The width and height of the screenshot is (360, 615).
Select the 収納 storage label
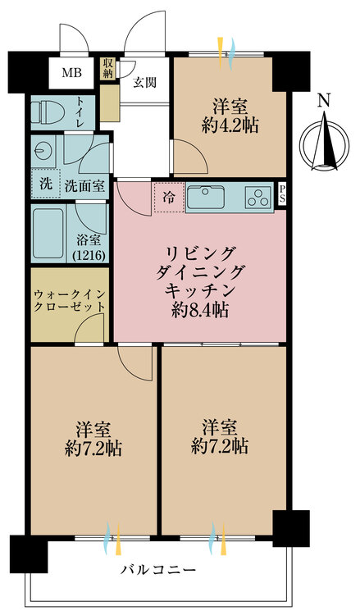click(x=108, y=68)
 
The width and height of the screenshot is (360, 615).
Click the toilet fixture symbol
click(x=46, y=111)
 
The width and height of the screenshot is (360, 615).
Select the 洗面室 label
click(x=84, y=185)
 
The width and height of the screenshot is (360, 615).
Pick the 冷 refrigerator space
click(x=168, y=198)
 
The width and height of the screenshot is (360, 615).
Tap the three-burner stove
click(x=260, y=198)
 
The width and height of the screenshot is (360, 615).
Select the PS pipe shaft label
click(x=282, y=194)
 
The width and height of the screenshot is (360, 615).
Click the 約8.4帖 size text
click(x=200, y=310)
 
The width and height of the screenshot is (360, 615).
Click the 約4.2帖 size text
click(x=232, y=125)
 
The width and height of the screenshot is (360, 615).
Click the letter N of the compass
click(x=324, y=101)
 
